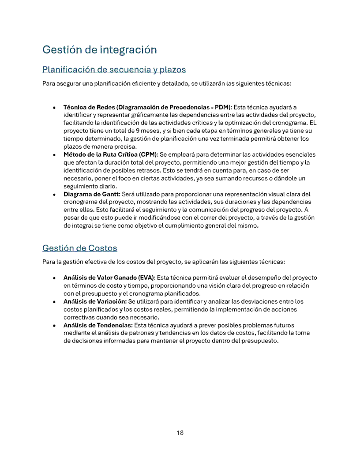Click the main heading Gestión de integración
(x=100, y=49)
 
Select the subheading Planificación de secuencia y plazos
(x=114, y=70)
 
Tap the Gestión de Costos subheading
(x=79, y=248)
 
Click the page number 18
(x=180, y=433)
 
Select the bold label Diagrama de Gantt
(x=92, y=194)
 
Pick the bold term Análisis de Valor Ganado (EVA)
(x=109, y=278)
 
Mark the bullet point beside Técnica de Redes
(x=54, y=108)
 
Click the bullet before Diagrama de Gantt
(x=54, y=195)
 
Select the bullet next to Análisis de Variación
(x=54, y=302)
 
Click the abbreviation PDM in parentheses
(x=222, y=107)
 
